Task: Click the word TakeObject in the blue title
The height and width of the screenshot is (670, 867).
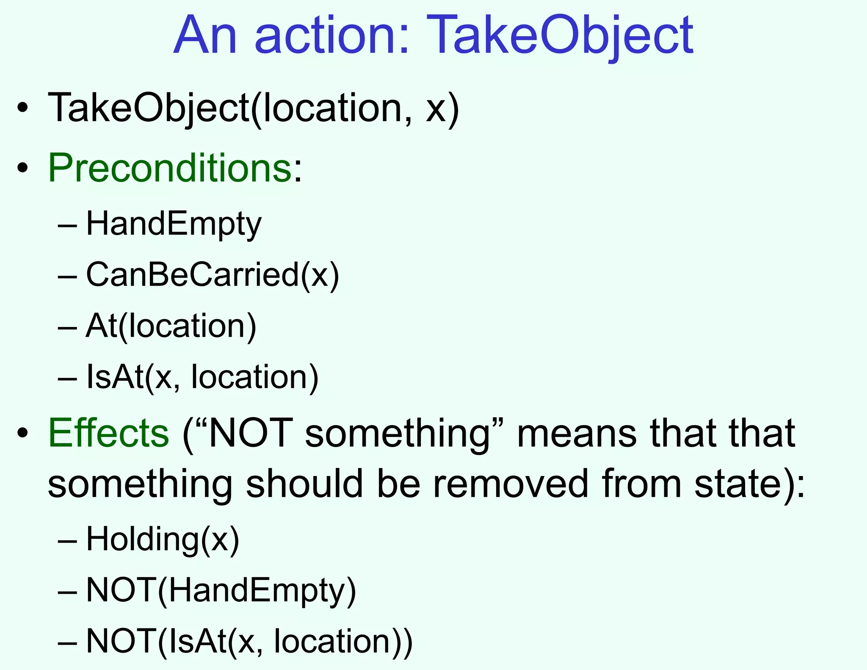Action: [x=560, y=36]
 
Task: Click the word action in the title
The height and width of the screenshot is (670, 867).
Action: [x=331, y=36]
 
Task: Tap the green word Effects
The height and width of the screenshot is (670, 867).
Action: [x=108, y=433]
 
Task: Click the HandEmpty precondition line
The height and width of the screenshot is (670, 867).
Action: [x=174, y=224]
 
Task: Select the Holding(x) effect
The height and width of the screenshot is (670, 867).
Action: [x=163, y=539]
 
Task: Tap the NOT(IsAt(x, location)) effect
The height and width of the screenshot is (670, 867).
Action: [x=249, y=641]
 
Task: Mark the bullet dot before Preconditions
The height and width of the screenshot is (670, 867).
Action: [x=23, y=168]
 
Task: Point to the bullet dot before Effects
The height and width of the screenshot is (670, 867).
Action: [x=23, y=433]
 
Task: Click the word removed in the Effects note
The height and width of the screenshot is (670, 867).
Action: [x=511, y=484]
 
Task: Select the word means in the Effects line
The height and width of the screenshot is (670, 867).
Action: [x=577, y=433]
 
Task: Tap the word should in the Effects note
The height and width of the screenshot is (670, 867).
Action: [x=305, y=484]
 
